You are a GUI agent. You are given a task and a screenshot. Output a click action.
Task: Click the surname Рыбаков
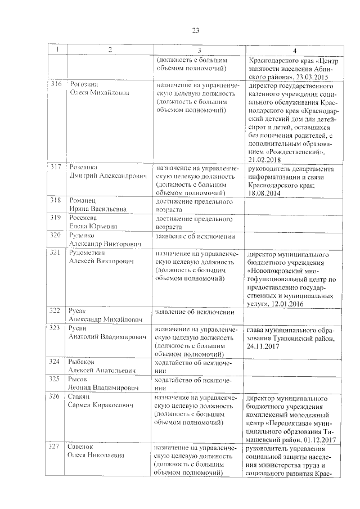[82, 362]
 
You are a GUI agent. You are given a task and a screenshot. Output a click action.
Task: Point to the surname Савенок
[82, 447]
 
